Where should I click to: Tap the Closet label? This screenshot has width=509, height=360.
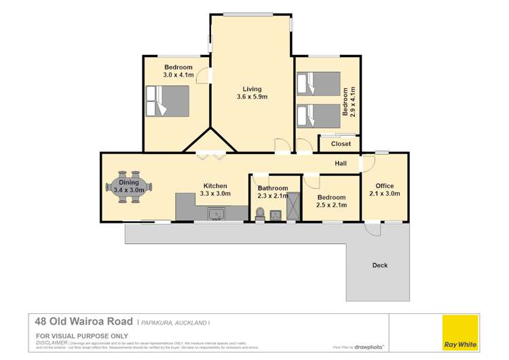[x=341, y=144]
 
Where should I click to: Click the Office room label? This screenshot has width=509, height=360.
[x=385, y=185]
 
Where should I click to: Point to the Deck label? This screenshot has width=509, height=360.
[x=380, y=265]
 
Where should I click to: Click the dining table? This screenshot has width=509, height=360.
[x=129, y=186]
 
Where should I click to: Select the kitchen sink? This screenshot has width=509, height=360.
[x=216, y=214]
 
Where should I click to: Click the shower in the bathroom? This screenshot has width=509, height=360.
[x=293, y=206]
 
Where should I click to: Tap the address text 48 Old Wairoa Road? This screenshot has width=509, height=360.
[x=83, y=322]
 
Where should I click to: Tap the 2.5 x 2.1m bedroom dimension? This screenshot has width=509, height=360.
[x=332, y=205]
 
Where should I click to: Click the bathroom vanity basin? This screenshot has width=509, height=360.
[x=275, y=215]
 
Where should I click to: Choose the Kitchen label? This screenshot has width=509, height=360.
[x=215, y=185]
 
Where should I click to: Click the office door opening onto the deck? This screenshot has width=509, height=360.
[x=372, y=229]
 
